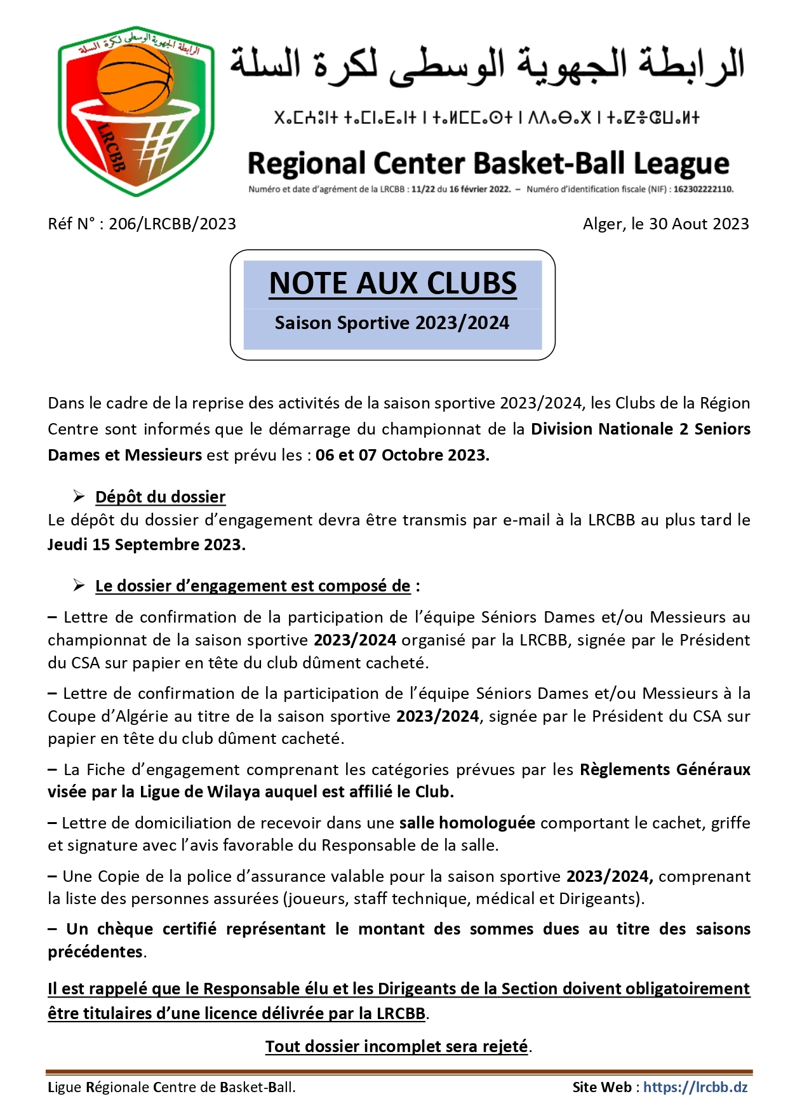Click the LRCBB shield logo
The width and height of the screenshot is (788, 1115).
coord(136,112)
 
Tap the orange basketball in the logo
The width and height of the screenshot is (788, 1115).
coord(135,79)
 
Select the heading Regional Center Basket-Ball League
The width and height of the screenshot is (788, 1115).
coord(488,163)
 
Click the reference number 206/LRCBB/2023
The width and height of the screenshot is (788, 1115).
coord(172,224)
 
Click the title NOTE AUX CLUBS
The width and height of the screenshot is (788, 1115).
coord(392,283)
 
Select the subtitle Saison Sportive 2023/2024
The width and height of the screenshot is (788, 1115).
coord(392,323)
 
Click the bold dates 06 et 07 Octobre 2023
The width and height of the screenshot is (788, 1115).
coord(402,455)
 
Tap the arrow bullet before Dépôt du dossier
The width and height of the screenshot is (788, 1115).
coord(79,496)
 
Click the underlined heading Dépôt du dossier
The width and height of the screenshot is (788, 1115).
coord(160,497)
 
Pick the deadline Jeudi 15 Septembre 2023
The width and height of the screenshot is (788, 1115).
coord(146,544)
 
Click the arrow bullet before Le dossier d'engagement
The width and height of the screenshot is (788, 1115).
coord(79,585)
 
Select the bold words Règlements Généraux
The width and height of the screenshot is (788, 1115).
coord(665,769)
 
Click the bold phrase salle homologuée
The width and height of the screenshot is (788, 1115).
coord(467,823)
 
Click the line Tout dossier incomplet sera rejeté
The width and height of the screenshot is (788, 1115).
coord(397,1046)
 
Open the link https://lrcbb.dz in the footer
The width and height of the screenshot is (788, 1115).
coord(695,1087)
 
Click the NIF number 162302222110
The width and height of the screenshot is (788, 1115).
coord(703,189)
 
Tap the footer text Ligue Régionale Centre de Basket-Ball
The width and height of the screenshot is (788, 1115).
coord(171,1087)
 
